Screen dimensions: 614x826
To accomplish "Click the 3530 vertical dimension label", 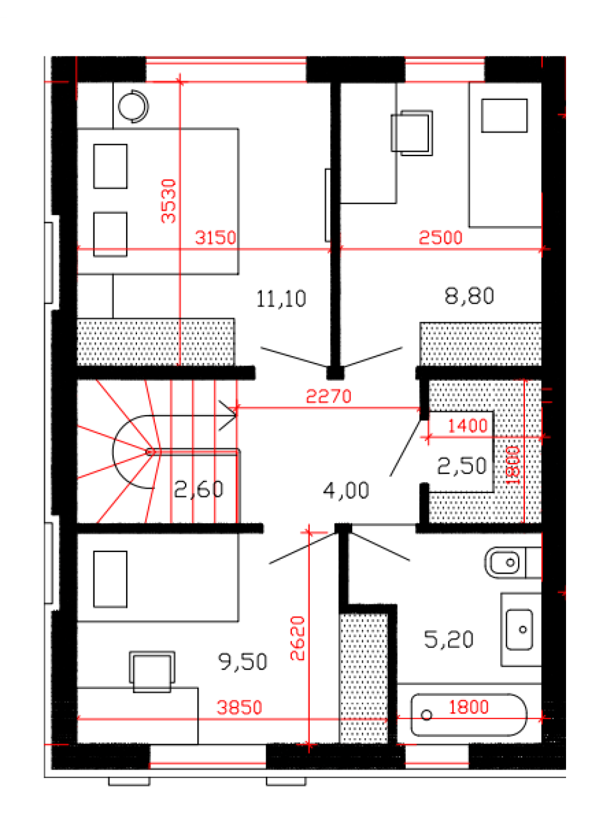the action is point(168,201).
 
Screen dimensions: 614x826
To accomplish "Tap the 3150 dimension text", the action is point(216,238).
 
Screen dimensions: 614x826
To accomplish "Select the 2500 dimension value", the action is point(440,238).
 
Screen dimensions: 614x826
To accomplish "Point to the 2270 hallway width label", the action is point(328,396).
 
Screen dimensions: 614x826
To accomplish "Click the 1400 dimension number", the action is point(468,426).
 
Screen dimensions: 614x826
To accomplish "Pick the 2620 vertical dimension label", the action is point(297,639).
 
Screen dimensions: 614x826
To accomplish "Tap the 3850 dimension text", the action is point(239,707).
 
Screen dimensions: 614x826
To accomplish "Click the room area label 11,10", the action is point(281,298).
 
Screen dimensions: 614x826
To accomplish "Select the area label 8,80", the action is point(470,296).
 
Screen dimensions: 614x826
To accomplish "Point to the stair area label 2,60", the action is point(199,489).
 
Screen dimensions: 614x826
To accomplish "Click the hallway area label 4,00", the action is point(346,490).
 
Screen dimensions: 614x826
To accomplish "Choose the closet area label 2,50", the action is point(462,466).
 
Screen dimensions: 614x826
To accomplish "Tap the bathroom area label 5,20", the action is point(449,639).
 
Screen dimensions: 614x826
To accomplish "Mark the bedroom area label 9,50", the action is point(242,661).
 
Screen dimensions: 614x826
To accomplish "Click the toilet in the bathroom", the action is point(513,563).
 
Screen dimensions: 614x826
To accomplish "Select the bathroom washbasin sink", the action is point(519,629).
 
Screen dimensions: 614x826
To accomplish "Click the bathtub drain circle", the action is point(427,715).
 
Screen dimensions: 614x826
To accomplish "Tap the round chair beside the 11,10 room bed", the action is point(133,106).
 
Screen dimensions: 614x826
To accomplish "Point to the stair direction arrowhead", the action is point(227,415).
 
